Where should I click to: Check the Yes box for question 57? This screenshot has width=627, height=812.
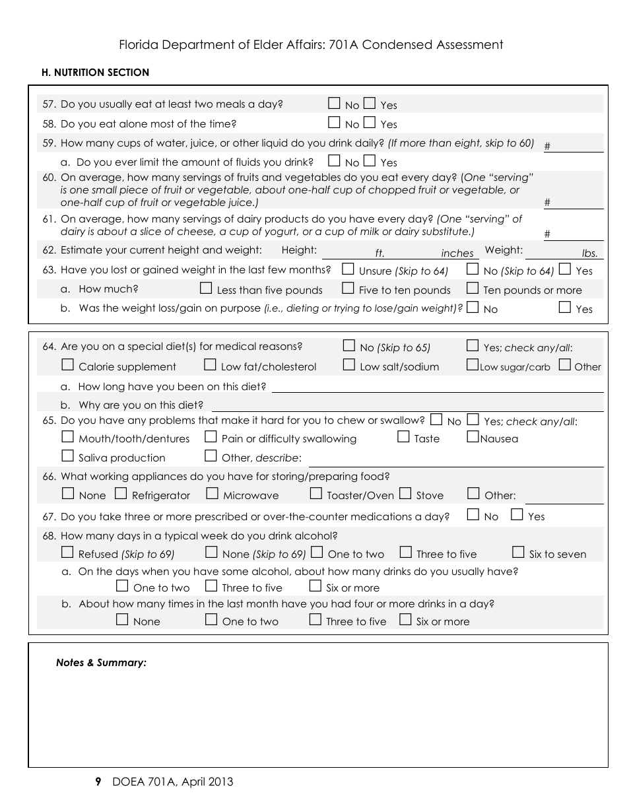pyautogui.click(x=370, y=104)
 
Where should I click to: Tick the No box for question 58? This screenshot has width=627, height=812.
pyautogui.click(x=335, y=123)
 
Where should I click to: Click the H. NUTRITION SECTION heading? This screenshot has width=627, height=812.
pyautogui.click(x=95, y=73)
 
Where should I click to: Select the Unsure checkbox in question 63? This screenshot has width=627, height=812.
pyautogui.click(x=348, y=269)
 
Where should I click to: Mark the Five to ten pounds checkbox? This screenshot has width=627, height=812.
pyautogui.click(x=348, y=288)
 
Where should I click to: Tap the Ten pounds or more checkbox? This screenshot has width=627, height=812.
pyautogui.click(x=473, y=288)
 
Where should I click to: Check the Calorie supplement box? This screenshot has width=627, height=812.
pyautogui.click(x=67, y=365)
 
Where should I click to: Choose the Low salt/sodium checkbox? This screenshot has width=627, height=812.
pyautogui.click(x=349, y=365)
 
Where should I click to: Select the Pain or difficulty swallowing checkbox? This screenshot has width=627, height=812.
pyautogui.click(x=211, y=437)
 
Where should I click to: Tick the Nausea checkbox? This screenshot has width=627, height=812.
pyautogui.click(x=473, y=437)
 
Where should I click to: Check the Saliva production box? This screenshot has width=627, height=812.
pyautogui.click(x=67, y=456)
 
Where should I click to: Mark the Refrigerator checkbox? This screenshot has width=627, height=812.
pyautogui.click(x=121, y=494)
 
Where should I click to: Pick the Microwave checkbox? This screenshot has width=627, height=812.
pyautogui.click(x=212, y=494)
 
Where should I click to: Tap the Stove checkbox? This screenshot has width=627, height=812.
pyautogui.click(x=405, y=494)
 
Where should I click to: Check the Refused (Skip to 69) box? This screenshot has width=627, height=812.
pyautogui.click(x=67, y=553)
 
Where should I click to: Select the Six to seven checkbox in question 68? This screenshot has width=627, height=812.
pyautogui.click(x=518, y=553)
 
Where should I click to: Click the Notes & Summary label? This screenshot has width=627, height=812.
pyautogui.click(x=101, y=663)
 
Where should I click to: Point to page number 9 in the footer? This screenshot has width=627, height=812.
pyautogui.click(x=98, y=782)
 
